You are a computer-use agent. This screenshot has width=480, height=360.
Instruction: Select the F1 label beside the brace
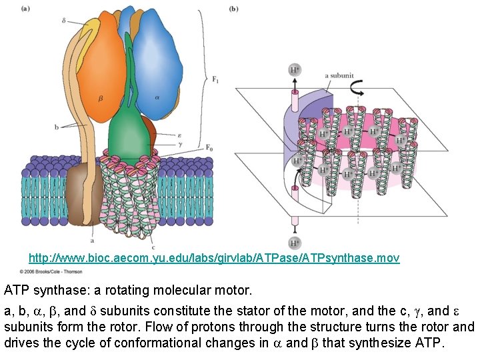pos(215,80)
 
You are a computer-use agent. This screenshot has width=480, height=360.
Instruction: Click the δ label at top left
pos(64,21)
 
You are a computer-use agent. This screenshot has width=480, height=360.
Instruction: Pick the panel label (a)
pos(25,9)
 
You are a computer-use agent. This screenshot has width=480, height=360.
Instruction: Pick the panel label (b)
pos(233,9)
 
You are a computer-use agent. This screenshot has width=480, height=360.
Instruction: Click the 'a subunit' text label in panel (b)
pos(339,76)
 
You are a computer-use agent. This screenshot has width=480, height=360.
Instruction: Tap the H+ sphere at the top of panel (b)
pos(294,70)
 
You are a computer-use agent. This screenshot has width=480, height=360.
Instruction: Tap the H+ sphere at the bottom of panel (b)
pos(293,243)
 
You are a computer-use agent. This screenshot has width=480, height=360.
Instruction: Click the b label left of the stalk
pos(57,126)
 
